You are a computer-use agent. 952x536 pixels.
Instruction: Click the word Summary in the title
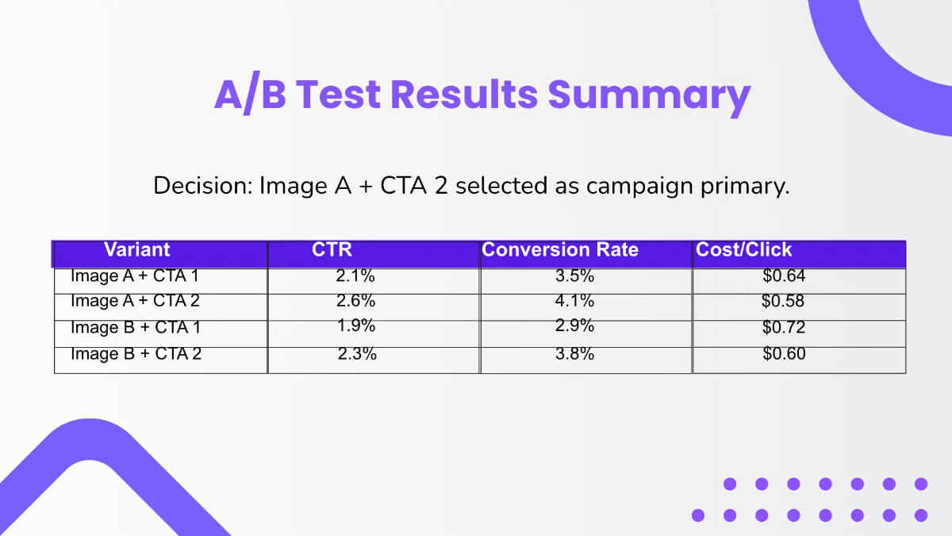click(x=649, y=96)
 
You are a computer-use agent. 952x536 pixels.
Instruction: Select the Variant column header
click(x=136, y=249)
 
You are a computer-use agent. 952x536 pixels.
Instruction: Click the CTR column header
click(x=332, y=249)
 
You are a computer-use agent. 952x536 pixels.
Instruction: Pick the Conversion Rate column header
click(x=560, y=249)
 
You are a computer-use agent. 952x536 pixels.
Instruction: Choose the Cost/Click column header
click(x=744, y=249)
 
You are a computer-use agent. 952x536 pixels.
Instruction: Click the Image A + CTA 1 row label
click(x=135, y=276)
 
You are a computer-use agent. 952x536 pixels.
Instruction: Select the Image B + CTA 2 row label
click(x=136, y=353)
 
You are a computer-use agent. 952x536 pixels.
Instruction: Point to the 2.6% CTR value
click(x=355, y=301)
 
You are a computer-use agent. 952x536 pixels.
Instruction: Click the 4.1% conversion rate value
click(x=574, y=301)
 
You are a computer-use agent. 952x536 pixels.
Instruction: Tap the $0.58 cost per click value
click(x=783, y=301)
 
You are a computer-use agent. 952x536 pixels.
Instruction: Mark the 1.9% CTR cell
click(x=356, y=326)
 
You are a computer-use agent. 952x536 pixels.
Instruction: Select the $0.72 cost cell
click(x=784, y=327)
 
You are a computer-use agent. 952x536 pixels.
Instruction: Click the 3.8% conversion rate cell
click(x=574, y=353)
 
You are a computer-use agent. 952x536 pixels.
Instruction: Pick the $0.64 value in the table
click(x=784, y=276)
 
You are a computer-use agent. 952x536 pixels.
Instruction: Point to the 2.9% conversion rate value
click(x=574, y=326)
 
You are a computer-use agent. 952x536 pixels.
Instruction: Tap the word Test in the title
click(x=338, y=94)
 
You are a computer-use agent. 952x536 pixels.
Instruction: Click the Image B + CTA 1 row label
click(x=135, y=327)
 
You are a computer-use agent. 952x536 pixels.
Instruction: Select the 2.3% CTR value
click(x=357, y=353)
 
